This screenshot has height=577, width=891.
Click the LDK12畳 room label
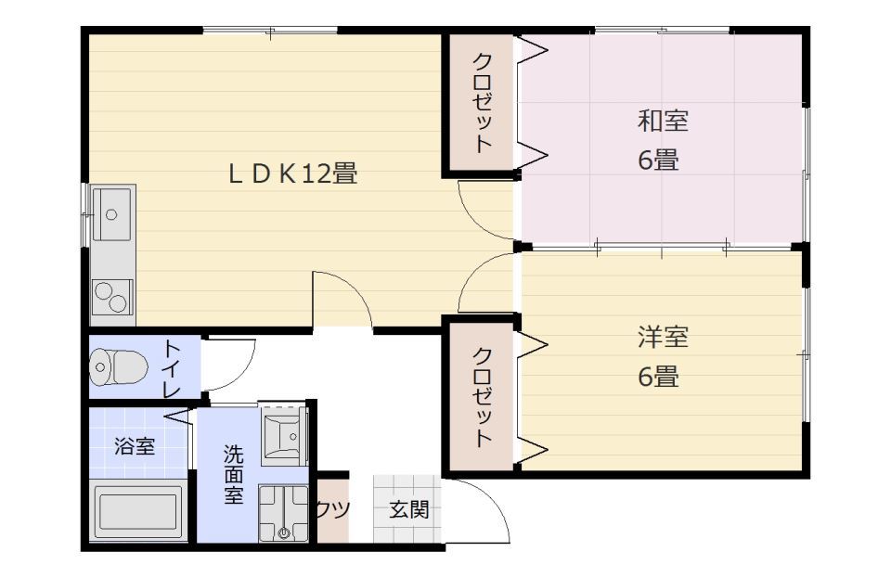point(293,173)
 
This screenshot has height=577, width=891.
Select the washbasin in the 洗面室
point(282,434)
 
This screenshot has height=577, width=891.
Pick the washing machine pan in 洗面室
point(283,514)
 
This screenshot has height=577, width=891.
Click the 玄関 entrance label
point(408,509)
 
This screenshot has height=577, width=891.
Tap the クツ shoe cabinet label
point(332,509)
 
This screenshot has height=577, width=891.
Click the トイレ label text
point(172,368)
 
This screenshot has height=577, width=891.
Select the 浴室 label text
point(135,446)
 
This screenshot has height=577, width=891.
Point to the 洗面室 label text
point(234,474)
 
